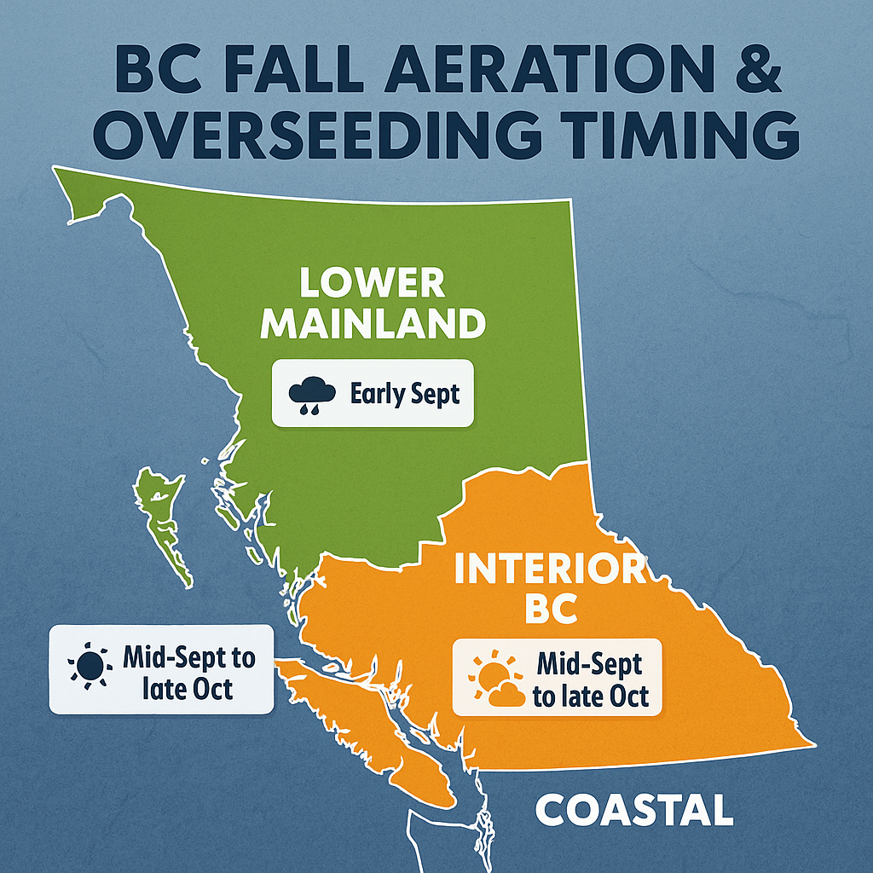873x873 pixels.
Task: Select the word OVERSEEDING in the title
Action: (317, 136)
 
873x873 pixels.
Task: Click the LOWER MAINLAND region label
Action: (373, 304)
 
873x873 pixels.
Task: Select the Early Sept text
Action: (405, 394)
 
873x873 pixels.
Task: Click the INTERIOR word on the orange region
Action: (550, 568)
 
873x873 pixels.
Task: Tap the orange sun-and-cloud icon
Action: (496, 678)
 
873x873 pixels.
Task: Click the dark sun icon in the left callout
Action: (88, 665)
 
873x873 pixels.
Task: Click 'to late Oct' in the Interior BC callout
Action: (591, 697)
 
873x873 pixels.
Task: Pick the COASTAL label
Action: (634, 811)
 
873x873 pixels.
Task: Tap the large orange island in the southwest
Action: (367, 730)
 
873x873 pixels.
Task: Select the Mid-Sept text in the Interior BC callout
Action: (590, 663)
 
